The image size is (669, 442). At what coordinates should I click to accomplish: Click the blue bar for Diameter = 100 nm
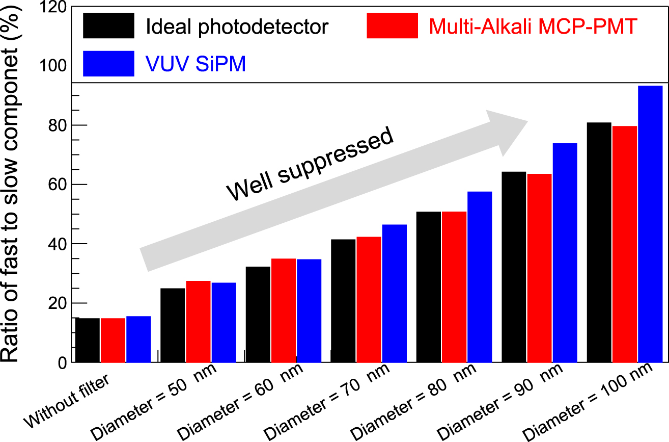650,224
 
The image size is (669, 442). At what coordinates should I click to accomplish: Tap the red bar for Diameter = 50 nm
198,321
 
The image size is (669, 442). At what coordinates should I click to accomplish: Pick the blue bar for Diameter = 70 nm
395,293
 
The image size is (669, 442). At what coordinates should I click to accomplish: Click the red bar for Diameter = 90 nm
540,268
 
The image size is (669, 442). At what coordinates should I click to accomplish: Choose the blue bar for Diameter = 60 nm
309,310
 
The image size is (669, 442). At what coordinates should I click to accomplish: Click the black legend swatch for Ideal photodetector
108,25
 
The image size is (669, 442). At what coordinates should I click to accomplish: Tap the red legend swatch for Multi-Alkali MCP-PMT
392,25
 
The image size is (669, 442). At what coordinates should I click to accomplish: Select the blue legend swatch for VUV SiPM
108,64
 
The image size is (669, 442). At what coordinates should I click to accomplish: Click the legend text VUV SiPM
196,64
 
